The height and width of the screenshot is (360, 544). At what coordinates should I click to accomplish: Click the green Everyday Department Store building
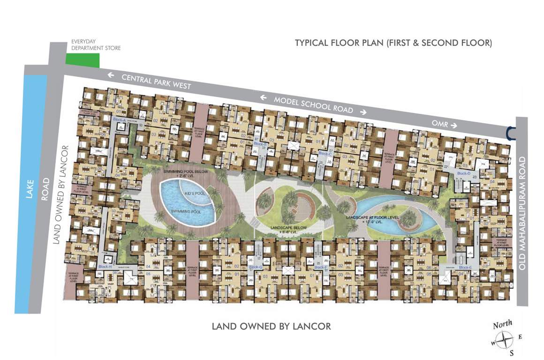pyautogui.click(x=83, y=60)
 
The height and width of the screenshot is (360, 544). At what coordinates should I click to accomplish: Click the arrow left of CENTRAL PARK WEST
pyautogui.click(x=111, y=74)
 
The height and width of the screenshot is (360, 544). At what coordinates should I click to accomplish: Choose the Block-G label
pyautogui.click(x=255, y=267)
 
